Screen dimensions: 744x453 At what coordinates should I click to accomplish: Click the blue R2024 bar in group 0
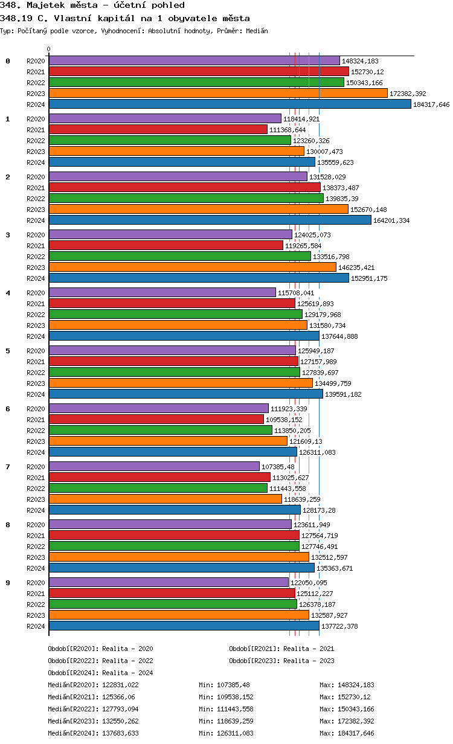[230, 104]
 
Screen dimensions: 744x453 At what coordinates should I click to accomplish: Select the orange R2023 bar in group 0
[218, 93]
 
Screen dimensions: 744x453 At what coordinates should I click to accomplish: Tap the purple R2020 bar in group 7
[154, 466]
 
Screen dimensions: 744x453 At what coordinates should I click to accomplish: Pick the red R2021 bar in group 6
[156, 419]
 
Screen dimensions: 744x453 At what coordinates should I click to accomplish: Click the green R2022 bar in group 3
[179, 256]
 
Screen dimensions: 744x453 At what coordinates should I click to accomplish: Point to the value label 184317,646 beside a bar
[431, 104]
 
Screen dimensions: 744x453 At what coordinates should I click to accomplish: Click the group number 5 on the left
[8, 351]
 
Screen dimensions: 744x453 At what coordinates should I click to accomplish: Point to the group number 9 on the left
[8, 583]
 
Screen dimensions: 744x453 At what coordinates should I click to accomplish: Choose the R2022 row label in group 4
[36, 315]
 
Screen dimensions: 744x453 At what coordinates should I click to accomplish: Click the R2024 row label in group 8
[36, 568]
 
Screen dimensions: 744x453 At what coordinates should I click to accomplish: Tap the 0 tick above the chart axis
[49, 50]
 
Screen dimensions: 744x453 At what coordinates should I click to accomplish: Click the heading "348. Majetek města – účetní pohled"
[92, 5]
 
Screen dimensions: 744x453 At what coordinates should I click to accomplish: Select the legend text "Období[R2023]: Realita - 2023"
[281, 661]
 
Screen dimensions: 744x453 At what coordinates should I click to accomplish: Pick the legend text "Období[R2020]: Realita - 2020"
[100, 649]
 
